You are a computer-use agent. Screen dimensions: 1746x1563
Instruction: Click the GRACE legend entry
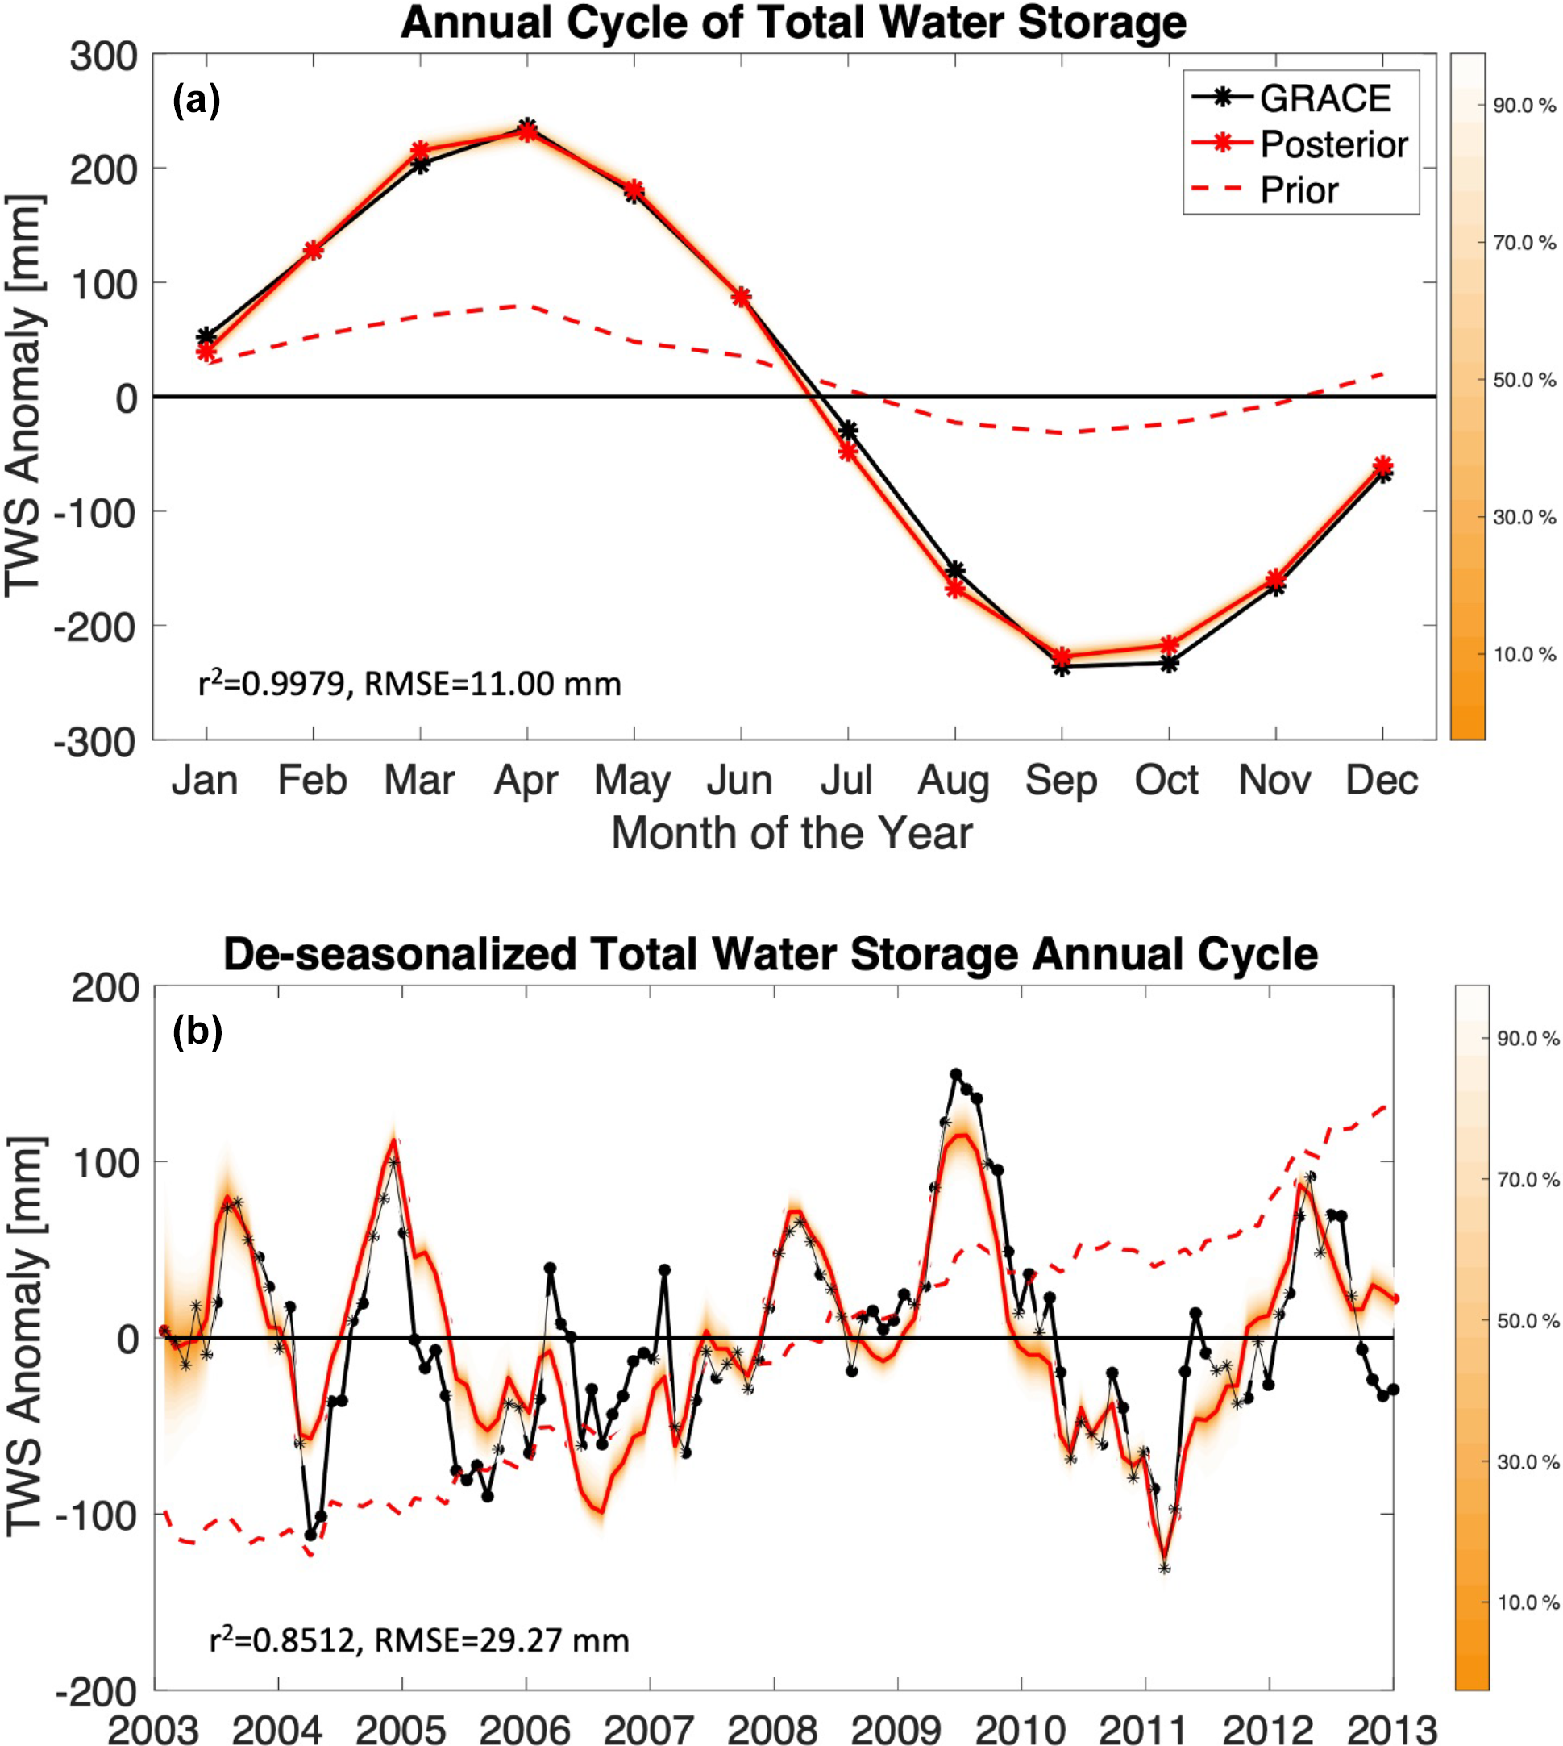click(x=1324, y=99)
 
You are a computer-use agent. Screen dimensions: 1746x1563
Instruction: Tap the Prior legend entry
click(x=1299, y=190)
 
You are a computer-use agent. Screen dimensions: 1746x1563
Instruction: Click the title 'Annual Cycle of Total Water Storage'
click(x=792, y=23)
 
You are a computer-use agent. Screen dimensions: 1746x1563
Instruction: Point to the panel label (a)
click(x=197, y=102)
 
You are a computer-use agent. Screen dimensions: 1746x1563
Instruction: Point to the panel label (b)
click(x=197, y=1031)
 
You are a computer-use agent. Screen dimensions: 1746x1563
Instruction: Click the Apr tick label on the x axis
click(x=526, y=780)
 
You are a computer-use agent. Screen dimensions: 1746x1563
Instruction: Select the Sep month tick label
click(x=1061, y=780)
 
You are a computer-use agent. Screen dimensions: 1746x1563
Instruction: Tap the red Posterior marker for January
click(x=206, y=351)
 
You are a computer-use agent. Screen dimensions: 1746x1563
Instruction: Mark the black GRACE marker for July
click(x=849, y=431)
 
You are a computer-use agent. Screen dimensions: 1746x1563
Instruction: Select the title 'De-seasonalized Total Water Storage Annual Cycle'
click(x=771, y=955)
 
